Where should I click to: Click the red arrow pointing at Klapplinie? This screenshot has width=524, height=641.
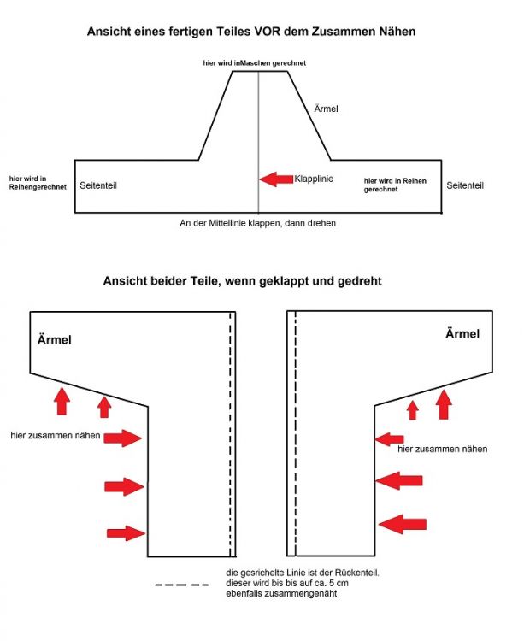(x=275, y=179)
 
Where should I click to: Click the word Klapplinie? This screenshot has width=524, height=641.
(x=314, y=179)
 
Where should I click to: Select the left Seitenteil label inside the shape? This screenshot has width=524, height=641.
(x=97, y=185)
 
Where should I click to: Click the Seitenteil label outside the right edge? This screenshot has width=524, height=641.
(x=466, y=185)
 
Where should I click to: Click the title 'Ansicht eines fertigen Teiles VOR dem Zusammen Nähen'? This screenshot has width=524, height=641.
(x=251, y=32)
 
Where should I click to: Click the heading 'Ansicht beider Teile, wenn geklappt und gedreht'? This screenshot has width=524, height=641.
(x=242, y=280)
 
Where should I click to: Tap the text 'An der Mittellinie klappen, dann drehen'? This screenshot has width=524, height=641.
(x=257, y=223)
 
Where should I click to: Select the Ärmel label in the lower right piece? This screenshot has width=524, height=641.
(x=462, y=334)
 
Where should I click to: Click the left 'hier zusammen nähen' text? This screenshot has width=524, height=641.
(x=56, y=436)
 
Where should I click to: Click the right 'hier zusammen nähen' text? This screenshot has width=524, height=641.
(x=443, y=449)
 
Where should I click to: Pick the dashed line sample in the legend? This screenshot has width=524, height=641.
(x=182, y=585)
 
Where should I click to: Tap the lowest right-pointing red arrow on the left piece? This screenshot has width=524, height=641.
(x=125, y=533)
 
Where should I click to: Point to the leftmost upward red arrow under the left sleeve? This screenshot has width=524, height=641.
(x=62, y=398)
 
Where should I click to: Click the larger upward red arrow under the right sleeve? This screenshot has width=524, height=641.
(x=444, y=403)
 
